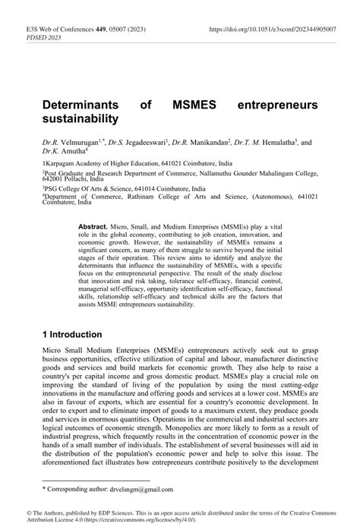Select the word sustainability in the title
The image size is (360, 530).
tap(81, 118)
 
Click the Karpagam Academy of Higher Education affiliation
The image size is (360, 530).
tap(114, 162)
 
